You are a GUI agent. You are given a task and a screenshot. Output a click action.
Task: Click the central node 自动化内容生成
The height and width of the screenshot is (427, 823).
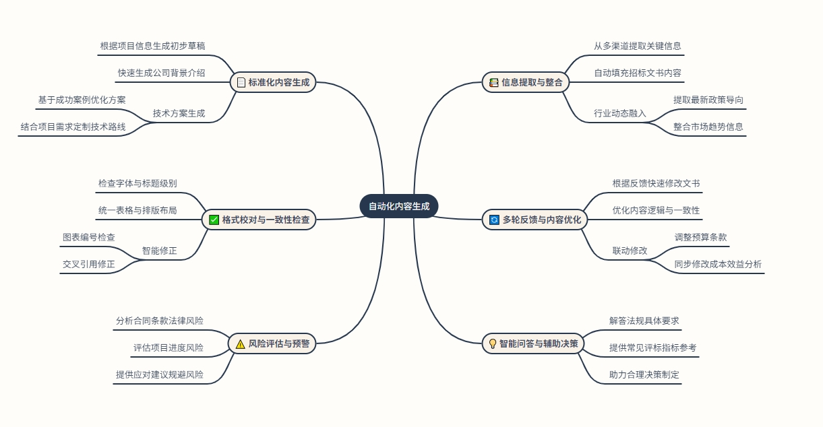click(x=399, y=206)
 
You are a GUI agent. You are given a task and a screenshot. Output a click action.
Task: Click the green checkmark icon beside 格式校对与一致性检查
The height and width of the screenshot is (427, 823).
click(x=214, y=220)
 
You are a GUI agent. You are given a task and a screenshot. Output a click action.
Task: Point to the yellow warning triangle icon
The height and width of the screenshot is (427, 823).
click(x=241, y=343)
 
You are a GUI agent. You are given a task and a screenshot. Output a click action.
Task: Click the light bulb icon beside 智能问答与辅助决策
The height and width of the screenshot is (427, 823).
click(x=493, y=343)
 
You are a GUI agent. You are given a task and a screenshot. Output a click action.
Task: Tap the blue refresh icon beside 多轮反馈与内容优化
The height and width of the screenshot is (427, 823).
click(x=494, y=220)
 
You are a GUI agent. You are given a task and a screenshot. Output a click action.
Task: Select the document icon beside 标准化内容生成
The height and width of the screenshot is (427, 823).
click(x=241, y=83)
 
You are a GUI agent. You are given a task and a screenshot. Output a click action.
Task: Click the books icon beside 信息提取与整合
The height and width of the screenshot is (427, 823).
click(x=494, y=83)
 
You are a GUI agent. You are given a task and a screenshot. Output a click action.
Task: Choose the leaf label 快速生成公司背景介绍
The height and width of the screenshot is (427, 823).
click(x=161, y=73)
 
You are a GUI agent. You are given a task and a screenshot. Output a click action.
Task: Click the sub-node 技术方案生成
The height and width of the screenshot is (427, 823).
click(x=179, y=113)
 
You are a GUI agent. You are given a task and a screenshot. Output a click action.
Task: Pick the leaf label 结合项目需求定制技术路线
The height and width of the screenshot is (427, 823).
click(x=73, y=127)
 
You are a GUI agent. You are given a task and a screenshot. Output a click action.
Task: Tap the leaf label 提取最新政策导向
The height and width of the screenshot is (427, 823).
click(x=708, y=100)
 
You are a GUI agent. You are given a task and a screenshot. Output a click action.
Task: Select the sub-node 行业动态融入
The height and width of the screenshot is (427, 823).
click(x=619, y=113)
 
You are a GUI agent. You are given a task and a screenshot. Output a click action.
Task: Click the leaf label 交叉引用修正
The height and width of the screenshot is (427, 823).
click(x=89, y=264)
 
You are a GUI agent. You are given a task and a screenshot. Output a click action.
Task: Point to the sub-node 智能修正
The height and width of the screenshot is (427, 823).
click(x=159, y=251)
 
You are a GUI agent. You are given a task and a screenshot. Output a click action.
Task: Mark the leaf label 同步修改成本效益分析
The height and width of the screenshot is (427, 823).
click(x=718, y=264)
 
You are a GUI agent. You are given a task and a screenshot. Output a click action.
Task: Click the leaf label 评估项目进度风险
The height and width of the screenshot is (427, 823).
click(x=168, y=348)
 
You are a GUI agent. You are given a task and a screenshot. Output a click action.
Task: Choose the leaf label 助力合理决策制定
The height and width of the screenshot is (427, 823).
click(x=644, y=374)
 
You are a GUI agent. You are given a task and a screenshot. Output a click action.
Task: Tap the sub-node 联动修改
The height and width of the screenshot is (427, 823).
click(x=630, y=251)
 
